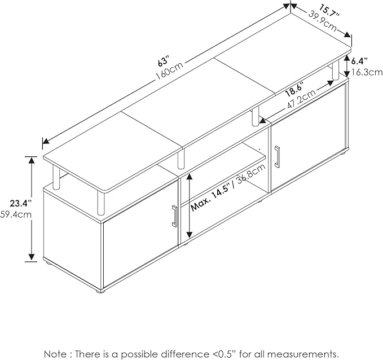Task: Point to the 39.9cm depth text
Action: tap(323, 21)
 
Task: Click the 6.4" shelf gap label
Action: tap(359, 62)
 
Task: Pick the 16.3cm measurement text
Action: tap(367, 72)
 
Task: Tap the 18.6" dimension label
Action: tap(294, 90)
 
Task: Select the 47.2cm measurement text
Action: tap(301, 98)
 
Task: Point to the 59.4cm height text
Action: tap(16, 214)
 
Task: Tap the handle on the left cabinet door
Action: tap(174, 216)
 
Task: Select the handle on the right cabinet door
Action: tap(277, 157)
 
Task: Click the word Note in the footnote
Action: tap(55, 354)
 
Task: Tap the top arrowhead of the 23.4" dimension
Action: tap(31, 160)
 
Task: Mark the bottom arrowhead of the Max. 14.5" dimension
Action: tap(189, 235)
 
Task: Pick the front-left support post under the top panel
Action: tap(100, 203)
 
